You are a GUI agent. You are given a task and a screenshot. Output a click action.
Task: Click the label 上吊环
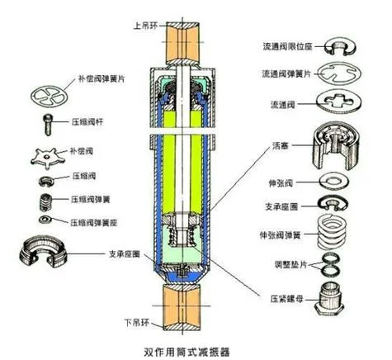pyautogui.click(x=145, y=26)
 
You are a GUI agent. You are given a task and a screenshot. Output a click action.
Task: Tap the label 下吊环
pyautogui.click(x=137, y=322)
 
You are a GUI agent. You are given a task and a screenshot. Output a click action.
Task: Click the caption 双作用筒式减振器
pyautogui.click(x=187, y=352)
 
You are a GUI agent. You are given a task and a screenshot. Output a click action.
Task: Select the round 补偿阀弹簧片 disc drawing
pyautogui.click(x=49, y=96)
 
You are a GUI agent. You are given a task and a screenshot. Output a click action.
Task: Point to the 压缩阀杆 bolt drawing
pyautogui.click(x=48, y=125)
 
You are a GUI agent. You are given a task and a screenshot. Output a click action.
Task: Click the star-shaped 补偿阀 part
pyautogui.click(x=48, y=158)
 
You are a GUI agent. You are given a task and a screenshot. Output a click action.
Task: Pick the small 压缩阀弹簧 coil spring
pyautogui.click(x=46, y=202)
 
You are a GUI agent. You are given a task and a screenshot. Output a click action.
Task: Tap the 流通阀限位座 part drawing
pyautogui.click(x=340, y=47)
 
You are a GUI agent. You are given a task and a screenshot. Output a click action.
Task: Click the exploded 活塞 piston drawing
pyautogui.click(x=336, y=146)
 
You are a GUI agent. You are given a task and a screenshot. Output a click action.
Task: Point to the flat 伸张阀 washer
pyautogui.click(x=334, y=181)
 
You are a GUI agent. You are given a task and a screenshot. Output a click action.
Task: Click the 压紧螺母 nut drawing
pyautogui.click(x=329, y=300)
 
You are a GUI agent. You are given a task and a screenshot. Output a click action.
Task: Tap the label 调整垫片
pyautogui.click(x=290, y=264)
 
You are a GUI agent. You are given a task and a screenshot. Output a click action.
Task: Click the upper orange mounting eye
pyautogui.click(x=182, y=43)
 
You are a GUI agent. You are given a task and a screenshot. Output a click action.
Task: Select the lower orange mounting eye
pyautogui.click(x=182, y=306)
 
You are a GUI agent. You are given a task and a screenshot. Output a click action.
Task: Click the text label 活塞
pyautogui.click(x=281, y=145)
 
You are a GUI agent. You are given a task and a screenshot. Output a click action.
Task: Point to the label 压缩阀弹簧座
pyautogui.click(x=93, y=223)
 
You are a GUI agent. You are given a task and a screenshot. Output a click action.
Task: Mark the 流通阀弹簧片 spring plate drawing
pyautogui.click(x=339, y=73)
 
